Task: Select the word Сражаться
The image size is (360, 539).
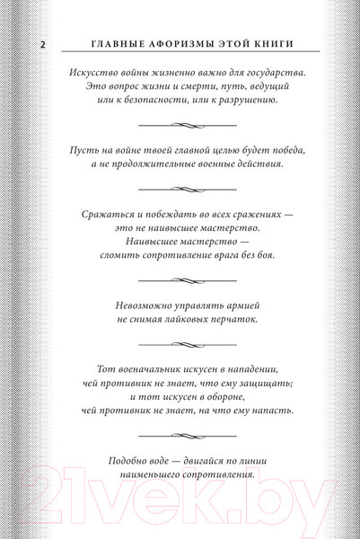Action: (x=99, y=214)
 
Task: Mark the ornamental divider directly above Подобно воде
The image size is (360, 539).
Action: (x=180, y=437)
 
